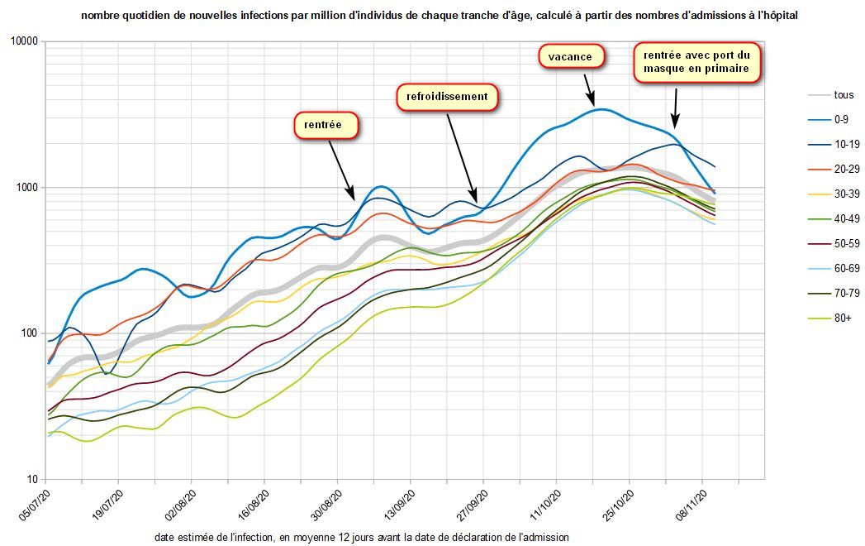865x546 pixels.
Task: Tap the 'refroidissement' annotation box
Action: coord(447,97)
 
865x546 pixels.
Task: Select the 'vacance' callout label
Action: coord(571,56)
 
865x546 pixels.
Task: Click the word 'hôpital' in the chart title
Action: coord(778,16)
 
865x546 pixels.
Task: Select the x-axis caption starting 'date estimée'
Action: coord(361,537)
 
